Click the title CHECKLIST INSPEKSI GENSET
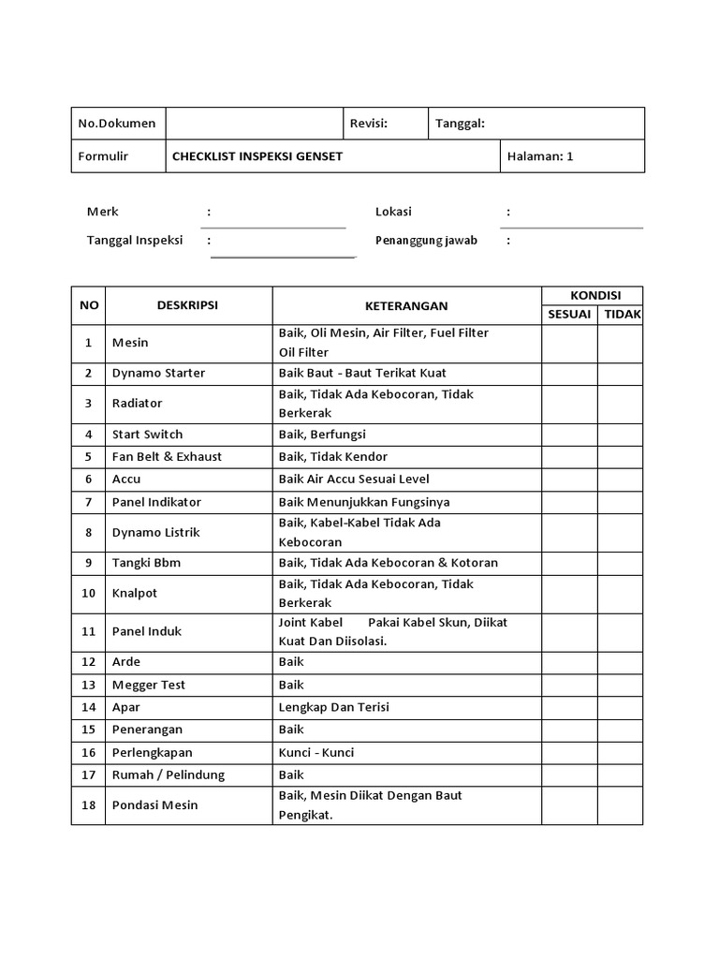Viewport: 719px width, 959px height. [257, 156]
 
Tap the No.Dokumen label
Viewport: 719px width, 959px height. [116, 123]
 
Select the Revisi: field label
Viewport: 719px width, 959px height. [368, 123]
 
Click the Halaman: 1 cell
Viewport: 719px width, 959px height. [539, 156]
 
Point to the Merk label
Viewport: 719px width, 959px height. [103, 212]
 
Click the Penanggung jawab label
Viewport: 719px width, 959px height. [426, 240]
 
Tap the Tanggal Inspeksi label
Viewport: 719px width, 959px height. [135, 240]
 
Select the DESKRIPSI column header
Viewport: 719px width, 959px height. [188, 304]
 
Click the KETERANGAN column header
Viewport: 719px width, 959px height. [406, 305]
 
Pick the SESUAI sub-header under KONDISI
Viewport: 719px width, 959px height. [569, 314]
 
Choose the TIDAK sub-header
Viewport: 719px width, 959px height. [622, 314]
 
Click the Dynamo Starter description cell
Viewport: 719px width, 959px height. [158, 373]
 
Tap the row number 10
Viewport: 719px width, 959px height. [88, 593]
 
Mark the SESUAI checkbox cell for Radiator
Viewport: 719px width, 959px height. [569, 403]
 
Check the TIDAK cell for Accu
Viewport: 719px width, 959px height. [620, 479]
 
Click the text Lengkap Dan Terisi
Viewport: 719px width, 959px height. [333, 707]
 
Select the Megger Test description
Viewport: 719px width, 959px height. [149, 685]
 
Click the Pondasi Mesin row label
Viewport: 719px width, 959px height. [155, 804]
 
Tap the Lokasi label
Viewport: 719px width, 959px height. [393, 212]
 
